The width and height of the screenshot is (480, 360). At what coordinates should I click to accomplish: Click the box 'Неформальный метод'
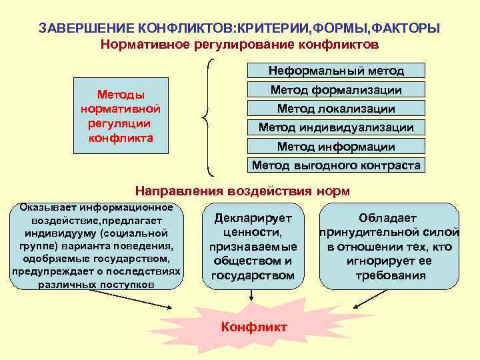point(336,70)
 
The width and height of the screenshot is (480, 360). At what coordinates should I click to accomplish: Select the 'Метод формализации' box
point(336,90)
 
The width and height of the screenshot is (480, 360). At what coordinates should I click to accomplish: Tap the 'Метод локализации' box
point(336,109)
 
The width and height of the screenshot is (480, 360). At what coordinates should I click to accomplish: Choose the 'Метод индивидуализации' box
point(336,127)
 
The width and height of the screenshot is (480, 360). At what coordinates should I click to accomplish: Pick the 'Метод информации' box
point(336,147)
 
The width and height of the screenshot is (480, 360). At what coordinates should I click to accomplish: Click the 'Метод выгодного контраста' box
point(336,165)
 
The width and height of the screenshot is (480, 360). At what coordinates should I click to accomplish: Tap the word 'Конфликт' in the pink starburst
point(254,327)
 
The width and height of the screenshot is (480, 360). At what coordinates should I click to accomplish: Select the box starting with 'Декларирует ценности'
point(253,246)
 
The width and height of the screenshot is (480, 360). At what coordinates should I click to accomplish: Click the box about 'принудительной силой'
point(389,246)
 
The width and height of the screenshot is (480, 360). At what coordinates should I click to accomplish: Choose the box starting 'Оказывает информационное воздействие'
point(97,246)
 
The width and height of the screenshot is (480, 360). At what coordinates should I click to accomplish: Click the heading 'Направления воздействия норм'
point(243,190)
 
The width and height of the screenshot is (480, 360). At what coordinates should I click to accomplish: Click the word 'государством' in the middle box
point(253,275)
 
